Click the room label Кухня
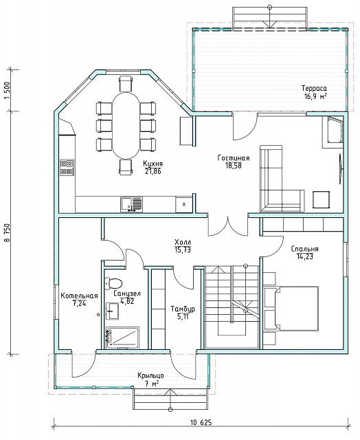(153, 164)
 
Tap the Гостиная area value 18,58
(234, 166)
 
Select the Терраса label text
(314, 88)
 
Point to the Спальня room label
(304, 249)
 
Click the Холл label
(183, 242)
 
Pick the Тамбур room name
(183, 309)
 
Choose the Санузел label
(127, 294)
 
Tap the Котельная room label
(79, 296)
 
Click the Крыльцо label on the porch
(150, 375)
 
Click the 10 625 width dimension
(201, 423)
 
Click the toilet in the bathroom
(113, 283)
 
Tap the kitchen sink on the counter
(131, 204)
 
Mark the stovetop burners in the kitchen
(67, 168)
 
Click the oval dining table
(126, 125)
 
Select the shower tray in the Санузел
(122, 338)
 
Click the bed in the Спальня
(291, 309)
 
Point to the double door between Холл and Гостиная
(228, 226)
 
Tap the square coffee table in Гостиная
(322, 200)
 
